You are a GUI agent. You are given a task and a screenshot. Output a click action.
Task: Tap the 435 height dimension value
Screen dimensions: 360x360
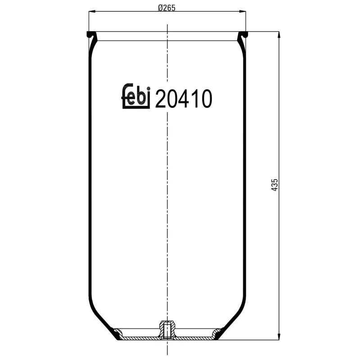pos(275,185)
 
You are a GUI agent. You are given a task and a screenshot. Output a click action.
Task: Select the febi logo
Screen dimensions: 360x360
pos(135,96)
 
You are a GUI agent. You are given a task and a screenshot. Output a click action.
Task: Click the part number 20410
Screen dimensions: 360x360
pos(183,99)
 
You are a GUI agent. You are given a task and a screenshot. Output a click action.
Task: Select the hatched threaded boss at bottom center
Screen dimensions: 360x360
pos(167,329)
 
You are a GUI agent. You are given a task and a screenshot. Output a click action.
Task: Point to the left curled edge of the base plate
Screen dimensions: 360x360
pos(117,334)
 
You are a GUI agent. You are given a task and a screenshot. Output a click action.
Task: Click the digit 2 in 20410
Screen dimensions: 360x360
pos(161,99)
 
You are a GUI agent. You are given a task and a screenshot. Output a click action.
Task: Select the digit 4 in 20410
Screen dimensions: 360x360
pos(183,99)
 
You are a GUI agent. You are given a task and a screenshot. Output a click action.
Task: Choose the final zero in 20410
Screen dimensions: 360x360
pos(205,99)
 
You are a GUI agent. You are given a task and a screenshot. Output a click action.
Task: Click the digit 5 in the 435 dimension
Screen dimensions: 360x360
pos(275,181)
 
